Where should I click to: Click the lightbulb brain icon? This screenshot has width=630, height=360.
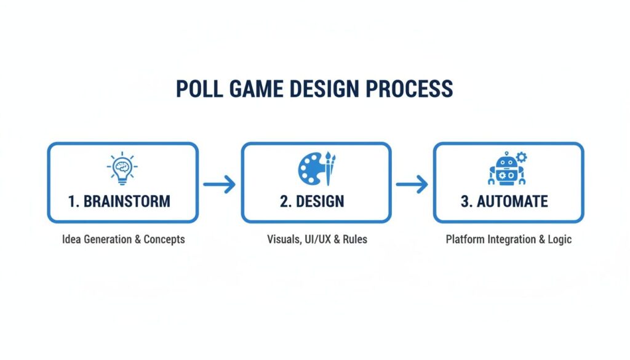point(122,167)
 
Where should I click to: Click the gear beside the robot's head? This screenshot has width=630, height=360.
point(522,157)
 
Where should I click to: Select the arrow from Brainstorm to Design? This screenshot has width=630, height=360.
point(219,183)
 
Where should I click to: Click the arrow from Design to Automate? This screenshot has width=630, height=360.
point(412,183)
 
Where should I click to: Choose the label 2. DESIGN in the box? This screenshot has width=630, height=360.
point(312,201)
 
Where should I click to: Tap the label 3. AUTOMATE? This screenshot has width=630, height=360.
point(504,201)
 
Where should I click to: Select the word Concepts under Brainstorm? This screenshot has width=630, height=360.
point(164,239)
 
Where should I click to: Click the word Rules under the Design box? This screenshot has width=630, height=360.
point(355,239)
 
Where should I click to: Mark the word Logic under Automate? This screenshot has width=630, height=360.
point(559,239)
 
